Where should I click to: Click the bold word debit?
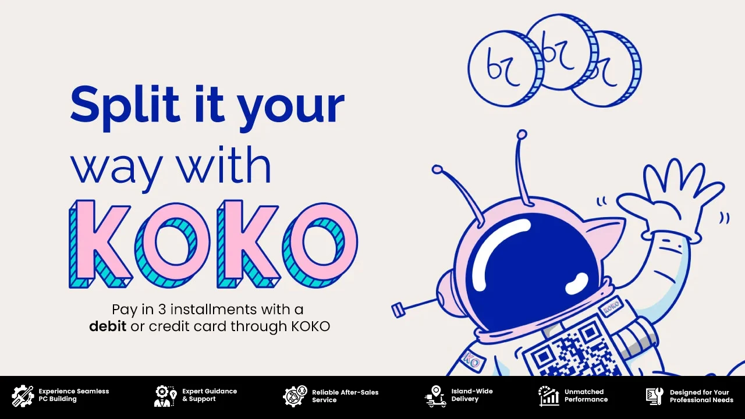coord(108,326)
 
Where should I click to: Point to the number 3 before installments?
coord(162,310)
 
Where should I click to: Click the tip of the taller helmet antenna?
coord(522,134)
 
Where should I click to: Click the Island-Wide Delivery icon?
coord(435,396)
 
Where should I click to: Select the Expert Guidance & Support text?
coord(210,395)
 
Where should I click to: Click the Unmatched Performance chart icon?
coord(548,396)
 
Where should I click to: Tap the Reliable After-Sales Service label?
coord(345,396)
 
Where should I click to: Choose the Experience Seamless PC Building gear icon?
coord(23,396)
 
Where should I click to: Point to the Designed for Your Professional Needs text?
coord(701,396)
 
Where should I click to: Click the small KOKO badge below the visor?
coord(611,306)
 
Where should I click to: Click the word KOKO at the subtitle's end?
coord(311,326)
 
